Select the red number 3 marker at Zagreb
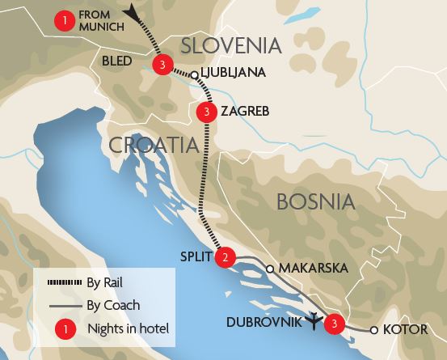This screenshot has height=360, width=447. (207, 111)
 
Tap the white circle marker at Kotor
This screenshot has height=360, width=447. (373, 329)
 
